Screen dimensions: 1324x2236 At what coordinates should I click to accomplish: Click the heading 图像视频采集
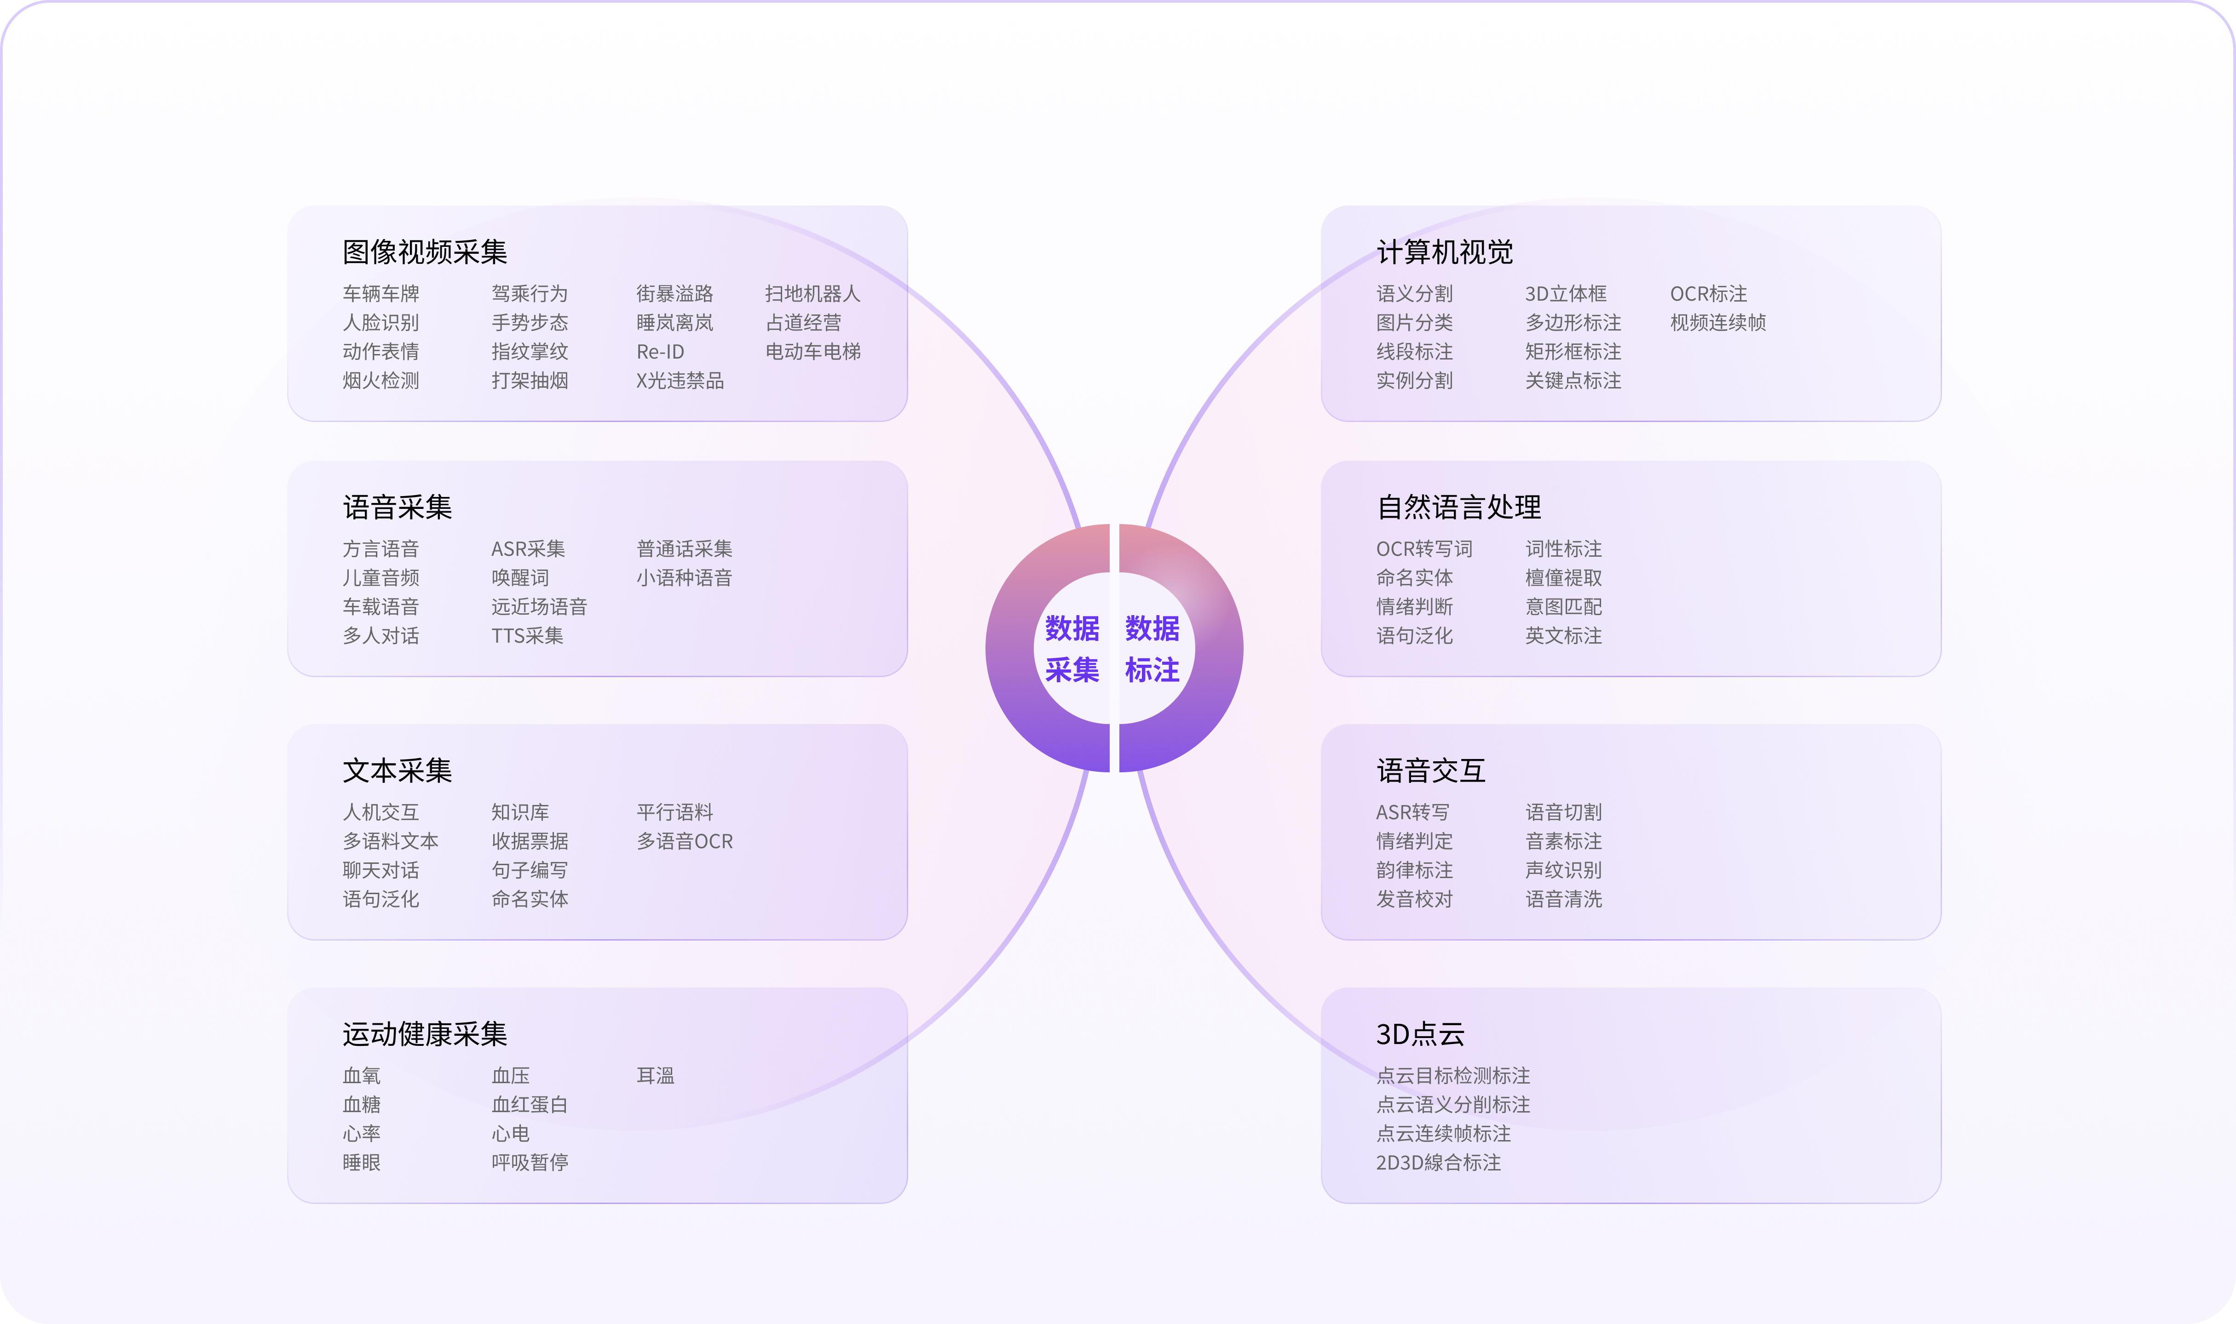pos(425,252)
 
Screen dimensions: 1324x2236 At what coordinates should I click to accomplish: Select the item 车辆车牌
pos(381,293)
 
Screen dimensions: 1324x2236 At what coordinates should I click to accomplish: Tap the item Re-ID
pos(661,352)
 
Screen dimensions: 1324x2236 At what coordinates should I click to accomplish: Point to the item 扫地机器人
pos(813,293)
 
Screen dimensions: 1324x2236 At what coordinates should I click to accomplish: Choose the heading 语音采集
pos(397,508)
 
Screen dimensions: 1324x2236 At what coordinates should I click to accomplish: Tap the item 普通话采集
pos(685,549)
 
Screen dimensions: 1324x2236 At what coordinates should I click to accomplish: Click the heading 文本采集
pos(397,771)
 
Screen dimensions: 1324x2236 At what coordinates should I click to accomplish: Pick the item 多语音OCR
pos(685,841)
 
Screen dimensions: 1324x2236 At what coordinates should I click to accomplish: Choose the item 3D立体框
pos(1566,293)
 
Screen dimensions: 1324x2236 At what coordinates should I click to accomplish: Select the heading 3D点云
pos(1420,1034)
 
